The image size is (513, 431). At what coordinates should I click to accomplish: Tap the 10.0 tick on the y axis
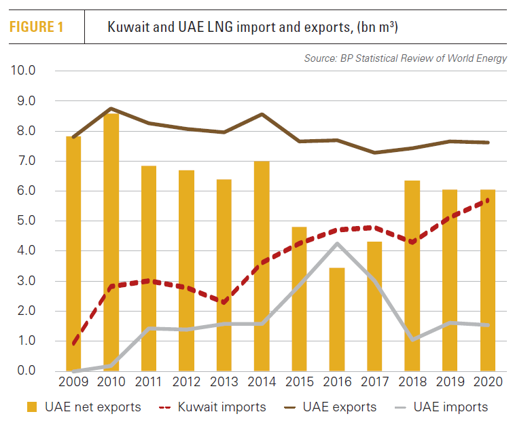coord(22,71)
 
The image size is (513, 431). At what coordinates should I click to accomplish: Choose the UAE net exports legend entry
coord(84,407)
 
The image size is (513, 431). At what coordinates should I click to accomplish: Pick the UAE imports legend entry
coord(442,407)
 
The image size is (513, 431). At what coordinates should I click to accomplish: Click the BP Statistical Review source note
coord(405,58)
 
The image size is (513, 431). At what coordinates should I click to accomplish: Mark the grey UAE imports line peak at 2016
coord(336,243)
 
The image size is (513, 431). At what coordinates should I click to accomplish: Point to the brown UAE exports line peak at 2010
coord(111,109)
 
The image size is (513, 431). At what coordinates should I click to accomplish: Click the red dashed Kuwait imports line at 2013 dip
coord(224,302)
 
